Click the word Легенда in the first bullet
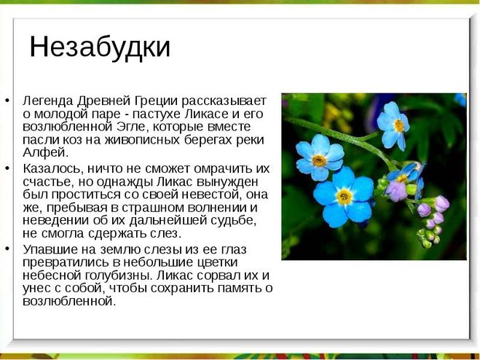pyautogui.click(x=48, y=101)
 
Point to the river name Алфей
pyautogui.click(x=46, y=152)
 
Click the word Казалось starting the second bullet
pyautogui.click(x=52, y=169)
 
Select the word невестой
pyautogui.click(x=210, y=195)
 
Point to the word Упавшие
pyautogui.click(x=50, y=250)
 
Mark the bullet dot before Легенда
pyautogui.click(x=7, y=100)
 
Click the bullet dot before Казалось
pyautogui.click(x=7, y=168)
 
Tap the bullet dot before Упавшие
pyautogui.click(x=7, y=249)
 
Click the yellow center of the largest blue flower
pyautogui.click(x=345, y=196)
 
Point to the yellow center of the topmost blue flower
pyautogui.click(x=399, y=125)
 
